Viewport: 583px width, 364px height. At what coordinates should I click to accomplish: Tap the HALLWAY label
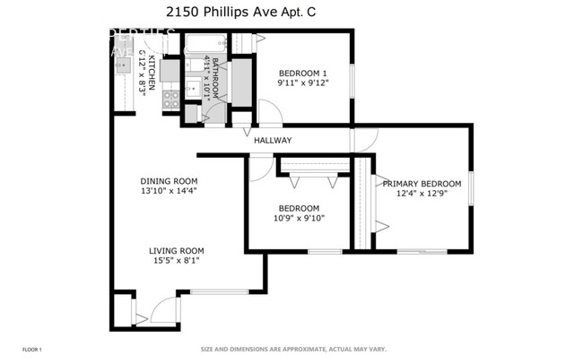[273, 140]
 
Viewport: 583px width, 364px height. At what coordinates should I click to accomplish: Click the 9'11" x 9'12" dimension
[304, 83]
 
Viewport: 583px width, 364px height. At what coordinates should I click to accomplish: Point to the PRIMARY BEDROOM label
[422, 184]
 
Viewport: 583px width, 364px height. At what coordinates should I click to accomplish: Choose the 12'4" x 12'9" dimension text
[422, 194]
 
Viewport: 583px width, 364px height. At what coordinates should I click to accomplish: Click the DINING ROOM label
[168, 180]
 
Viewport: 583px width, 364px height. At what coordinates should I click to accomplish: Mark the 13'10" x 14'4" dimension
[168, 190]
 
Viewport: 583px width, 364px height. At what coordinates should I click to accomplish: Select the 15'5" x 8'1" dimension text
[177, 261]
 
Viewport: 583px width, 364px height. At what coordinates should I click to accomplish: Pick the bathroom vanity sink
[193, 89]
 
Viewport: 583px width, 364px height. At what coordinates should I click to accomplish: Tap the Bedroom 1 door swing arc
[270, 112]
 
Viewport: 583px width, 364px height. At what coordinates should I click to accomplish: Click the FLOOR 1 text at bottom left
[31, 349]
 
